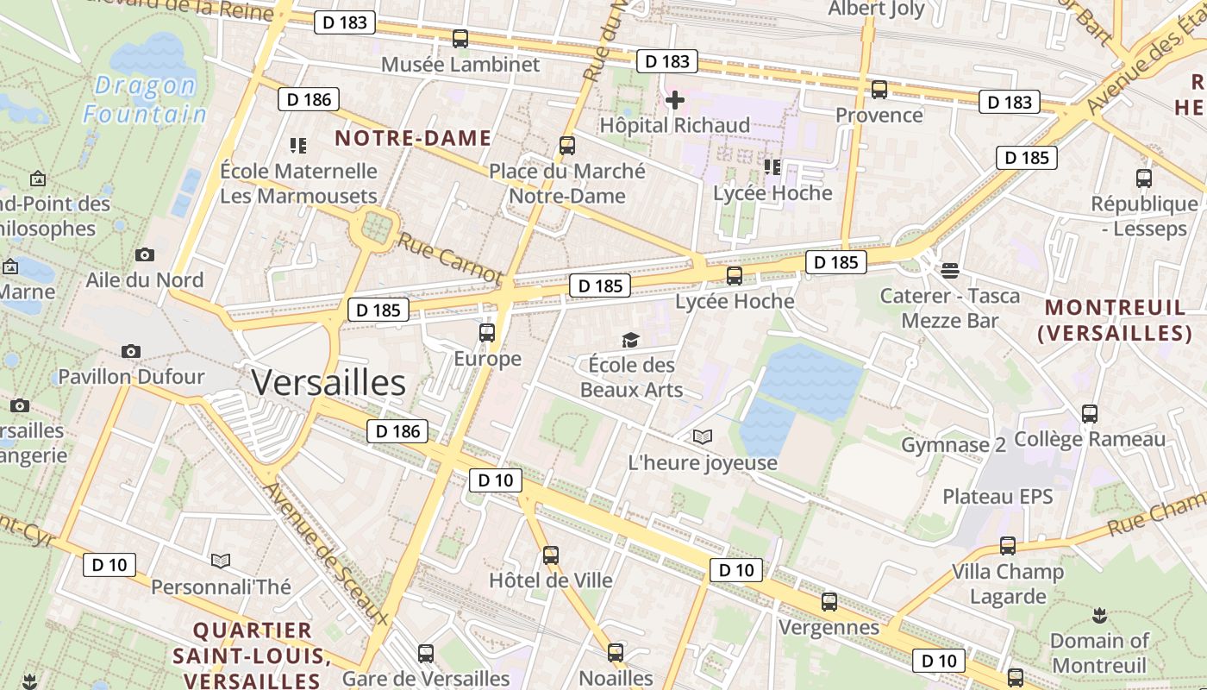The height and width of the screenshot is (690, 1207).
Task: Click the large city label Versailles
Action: (x=328, y=382)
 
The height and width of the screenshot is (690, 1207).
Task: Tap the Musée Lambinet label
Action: (x=460, y=65)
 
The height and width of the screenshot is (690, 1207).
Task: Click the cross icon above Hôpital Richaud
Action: (x=675, y=101)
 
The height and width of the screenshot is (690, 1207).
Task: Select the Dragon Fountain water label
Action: (x=145, y=99)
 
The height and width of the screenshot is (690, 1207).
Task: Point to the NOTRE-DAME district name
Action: (x=413, y=138)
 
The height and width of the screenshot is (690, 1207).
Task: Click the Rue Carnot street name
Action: (x=448, y=255)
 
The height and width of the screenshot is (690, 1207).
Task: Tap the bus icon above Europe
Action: (x=487, y=333)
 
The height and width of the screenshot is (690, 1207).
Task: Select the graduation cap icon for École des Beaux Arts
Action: (x=631, y=341)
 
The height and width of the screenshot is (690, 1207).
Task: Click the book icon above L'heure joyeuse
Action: (x=703, y=437)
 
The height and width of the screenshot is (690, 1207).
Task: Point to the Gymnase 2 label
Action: (x=954, y=445)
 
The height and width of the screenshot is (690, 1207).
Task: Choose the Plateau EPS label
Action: (x=997, y=497)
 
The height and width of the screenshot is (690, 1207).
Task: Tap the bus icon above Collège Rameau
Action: (x=1090, y=414)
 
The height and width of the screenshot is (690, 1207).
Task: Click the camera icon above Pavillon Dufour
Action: (x=131, y=351)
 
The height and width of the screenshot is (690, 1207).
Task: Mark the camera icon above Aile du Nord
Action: (x=145, y=254)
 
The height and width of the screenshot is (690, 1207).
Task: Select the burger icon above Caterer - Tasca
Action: (x=950, y=271)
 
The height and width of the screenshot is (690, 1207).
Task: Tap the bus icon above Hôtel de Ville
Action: (x=551, y=555)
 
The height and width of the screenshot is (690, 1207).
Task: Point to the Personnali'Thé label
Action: (x=222, y=587)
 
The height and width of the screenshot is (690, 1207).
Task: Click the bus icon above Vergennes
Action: (x=829, y=602)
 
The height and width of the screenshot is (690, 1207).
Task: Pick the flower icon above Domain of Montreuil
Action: (x=1099, y=616)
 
